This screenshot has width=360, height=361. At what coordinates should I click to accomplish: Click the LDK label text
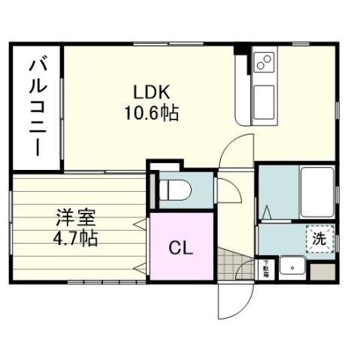click(x=153, y=93)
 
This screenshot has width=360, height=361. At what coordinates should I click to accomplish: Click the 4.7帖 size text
click(x=74, y=240)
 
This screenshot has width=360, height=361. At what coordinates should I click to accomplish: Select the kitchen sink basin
click(x=265, y=99)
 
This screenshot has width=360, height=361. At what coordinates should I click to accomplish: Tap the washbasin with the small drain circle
click(x=292, y=267)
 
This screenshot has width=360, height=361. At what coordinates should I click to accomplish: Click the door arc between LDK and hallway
click(x=233, y=150)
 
